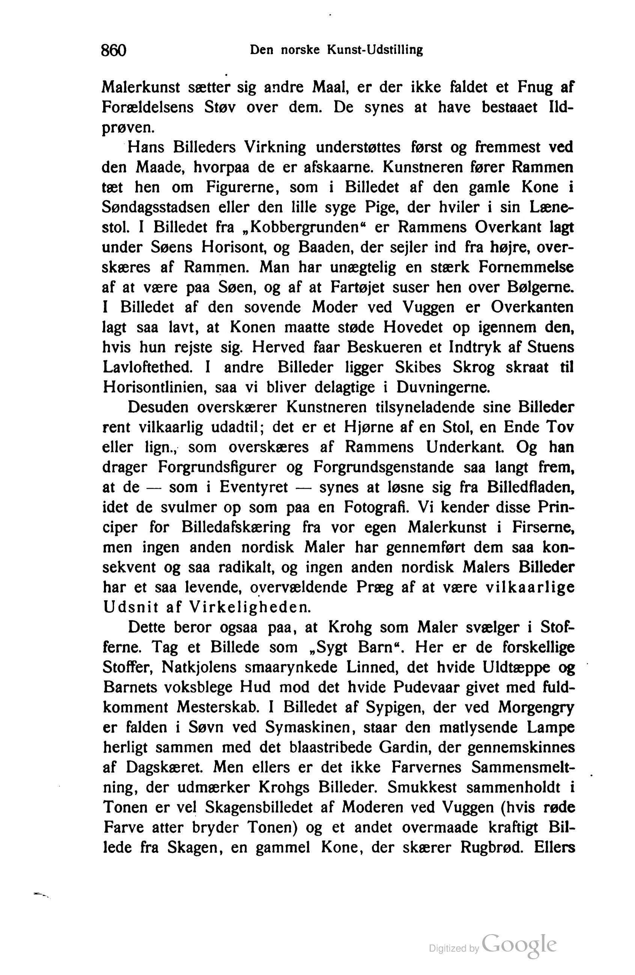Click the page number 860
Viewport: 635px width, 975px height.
113,50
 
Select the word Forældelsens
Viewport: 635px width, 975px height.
147,107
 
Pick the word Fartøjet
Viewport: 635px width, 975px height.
357,288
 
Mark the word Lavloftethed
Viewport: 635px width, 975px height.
147,368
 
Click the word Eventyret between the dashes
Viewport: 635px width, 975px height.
254,487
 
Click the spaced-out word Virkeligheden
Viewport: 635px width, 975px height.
250,607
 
